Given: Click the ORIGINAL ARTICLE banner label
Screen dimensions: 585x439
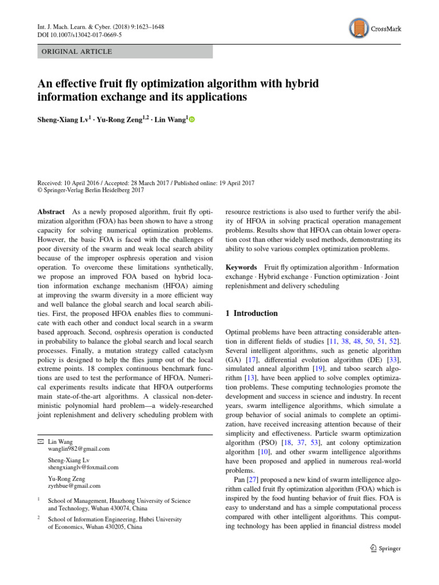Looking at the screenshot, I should pyautogui.click(x=76, y=51).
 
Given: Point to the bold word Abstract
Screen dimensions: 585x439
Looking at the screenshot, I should pyautogui.click(x=51, y=211).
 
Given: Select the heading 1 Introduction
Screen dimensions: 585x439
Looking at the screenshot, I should pyautogui.click(x=252, y=313).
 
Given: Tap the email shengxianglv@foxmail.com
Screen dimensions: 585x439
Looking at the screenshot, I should pyautogui.click(x=83, y=467).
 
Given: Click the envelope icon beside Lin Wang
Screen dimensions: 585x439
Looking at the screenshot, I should pyautogui.click(x=40, y=442).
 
